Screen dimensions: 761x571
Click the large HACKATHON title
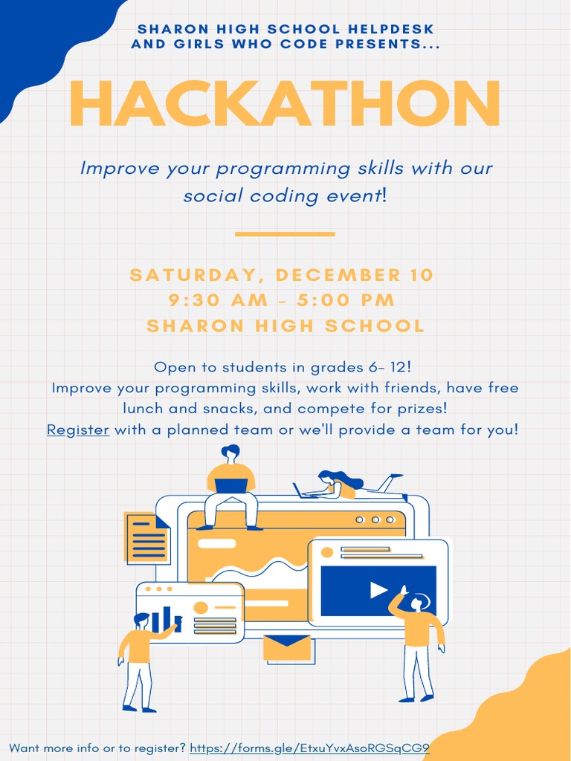tap(285, 104)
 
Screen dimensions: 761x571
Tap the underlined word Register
tap(78, 430)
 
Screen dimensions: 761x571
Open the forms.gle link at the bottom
tap(309, 748)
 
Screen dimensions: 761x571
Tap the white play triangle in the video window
tap(378, 590)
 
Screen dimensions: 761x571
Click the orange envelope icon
tap(287, 647)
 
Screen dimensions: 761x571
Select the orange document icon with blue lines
tap(146, 537)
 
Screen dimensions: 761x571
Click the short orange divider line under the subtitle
tap(285, 234)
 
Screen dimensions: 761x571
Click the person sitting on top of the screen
tap(230, 487)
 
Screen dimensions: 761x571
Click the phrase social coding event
tap(281, 196)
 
